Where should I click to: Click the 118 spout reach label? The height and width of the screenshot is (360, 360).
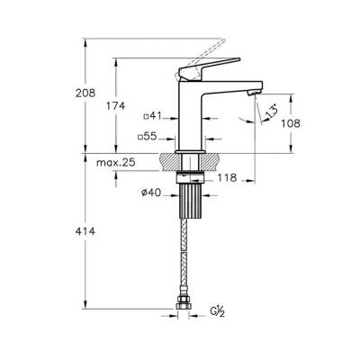click(227, 178)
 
